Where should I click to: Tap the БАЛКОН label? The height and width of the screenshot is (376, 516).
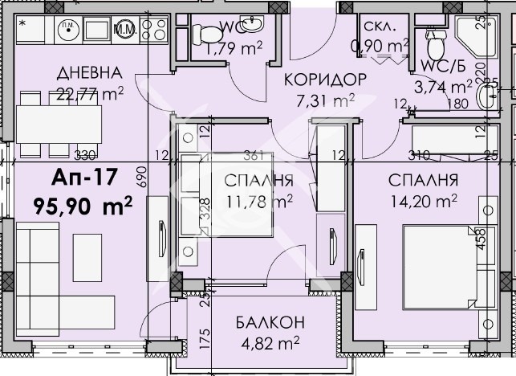click(x=270, y=323)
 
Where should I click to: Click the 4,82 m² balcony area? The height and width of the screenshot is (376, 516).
click(x=269, y=343)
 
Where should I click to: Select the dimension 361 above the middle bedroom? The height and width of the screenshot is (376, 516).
click(x=254, y=155)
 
